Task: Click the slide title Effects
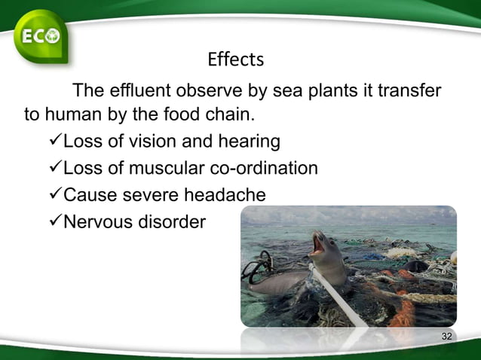coord(235,59)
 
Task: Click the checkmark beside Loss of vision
coord(54,142)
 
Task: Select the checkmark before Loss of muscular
coord(54,168)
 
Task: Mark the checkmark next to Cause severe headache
coord(54,195)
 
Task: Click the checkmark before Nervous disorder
coord(54,222)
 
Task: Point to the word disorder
coord(172,222)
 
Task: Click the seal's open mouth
coord(318,246)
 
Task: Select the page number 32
coord(446,336)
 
